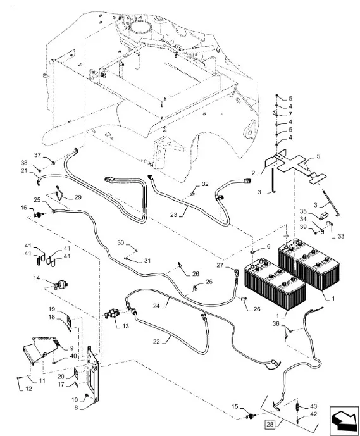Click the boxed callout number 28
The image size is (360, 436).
[x=270, y=425]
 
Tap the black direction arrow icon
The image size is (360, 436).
[x=344, y=420]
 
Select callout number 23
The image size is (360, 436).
[x=173, y=215]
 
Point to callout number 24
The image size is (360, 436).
[x=156, y=306]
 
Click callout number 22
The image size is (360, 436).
[x=156, y=342]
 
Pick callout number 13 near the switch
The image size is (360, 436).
[x=126, y=326]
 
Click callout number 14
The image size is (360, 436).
[x=37, y=278]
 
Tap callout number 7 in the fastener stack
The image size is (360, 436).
[x=290, y=114]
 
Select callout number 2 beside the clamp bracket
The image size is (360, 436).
[x=253, y=173]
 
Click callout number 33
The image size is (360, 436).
[x=341, y=236]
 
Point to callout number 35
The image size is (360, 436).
[x=302, y=211]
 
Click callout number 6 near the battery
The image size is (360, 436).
[x=268, y=246]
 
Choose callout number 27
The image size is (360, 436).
[x=220, y=265]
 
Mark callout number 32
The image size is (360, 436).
[x=205, y=184]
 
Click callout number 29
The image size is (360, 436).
[x=78, y=197]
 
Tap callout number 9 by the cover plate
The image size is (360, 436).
[x=71, y=348]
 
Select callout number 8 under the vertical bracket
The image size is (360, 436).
[x=76, y=408]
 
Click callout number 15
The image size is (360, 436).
[x=235, y=406]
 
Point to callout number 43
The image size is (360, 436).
[x=313, y=406]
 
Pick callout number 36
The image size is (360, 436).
[x=276, y=323]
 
